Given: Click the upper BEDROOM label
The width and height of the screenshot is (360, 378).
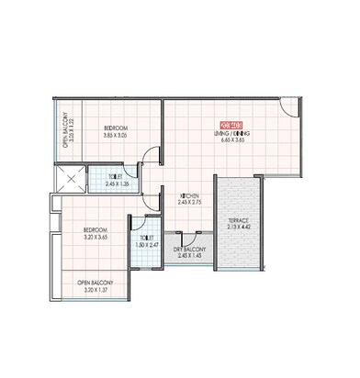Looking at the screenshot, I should pyautogui.click(x=115, y=127).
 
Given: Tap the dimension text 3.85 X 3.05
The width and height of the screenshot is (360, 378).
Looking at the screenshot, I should pyautogui.click(x=115, y=135).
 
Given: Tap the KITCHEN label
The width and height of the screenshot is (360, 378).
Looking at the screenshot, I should pyautogui.click(x=190, y=195).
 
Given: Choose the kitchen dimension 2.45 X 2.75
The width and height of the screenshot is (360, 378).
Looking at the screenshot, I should pyautogui.click(x=190, y=203).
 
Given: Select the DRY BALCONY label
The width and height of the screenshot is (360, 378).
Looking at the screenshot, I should pyautogui.click(x=191, y=250).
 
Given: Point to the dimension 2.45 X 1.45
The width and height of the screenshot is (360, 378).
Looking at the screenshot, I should pyautogui.click(x=191, y=257).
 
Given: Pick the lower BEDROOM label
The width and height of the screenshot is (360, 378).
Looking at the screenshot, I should pyautogui.click(x=95, y=230).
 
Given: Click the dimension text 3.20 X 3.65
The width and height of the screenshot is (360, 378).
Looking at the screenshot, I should pyautogui.click(x=95, y=238).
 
